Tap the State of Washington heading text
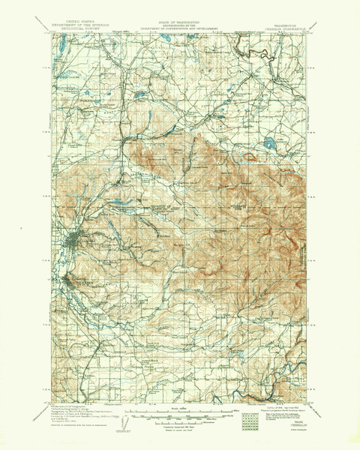click(178, 24)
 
